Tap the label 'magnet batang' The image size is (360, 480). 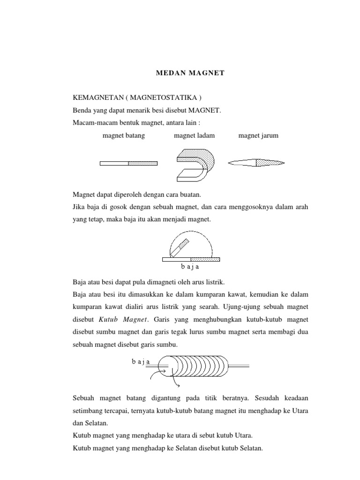pos(123,135)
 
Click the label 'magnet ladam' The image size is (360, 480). pos(195,135)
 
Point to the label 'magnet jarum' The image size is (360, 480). pos(258,135)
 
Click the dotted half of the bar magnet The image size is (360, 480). pos(143,163)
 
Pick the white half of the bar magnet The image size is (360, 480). pos(114,163)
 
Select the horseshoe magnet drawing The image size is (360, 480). pos(195,164)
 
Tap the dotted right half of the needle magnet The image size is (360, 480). pos(270,163)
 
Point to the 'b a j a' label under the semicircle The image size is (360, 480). pos(191,267)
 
